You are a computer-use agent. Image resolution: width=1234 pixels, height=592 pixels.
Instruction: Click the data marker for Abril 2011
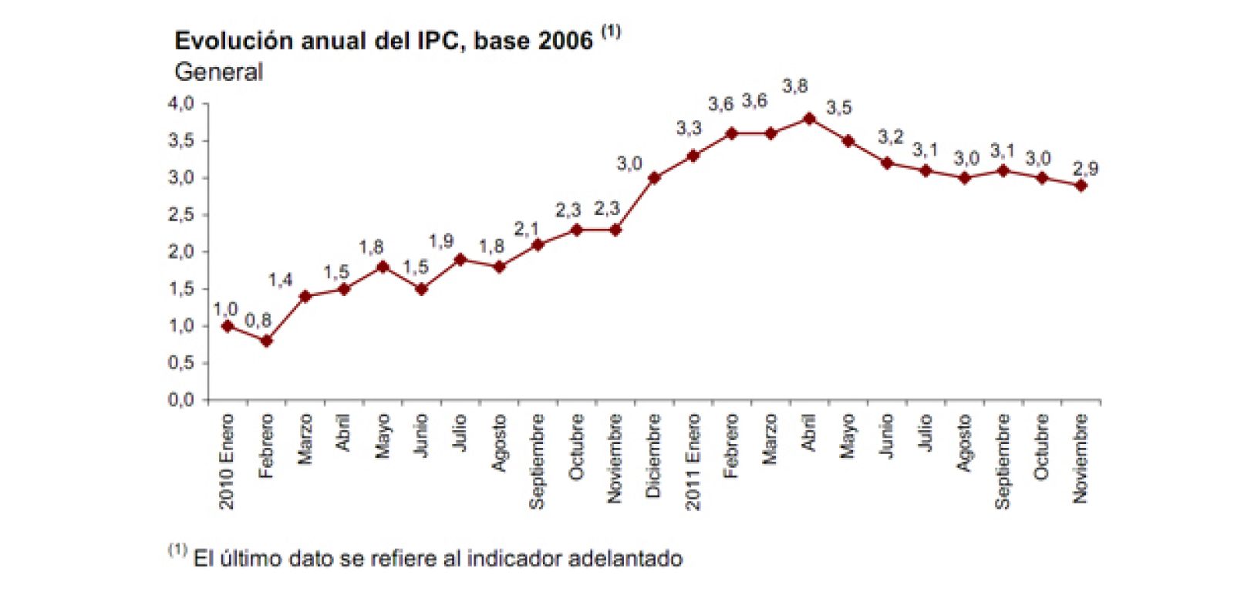pos(809,118)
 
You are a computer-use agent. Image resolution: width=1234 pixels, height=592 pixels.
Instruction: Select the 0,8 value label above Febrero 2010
pos(258,321)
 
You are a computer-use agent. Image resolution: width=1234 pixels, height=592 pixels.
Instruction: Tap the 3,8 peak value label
pos(794,86)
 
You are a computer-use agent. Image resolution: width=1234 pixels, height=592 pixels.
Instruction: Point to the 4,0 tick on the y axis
pos(182,103)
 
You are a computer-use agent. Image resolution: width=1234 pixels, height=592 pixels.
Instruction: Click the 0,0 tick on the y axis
pos(182,400)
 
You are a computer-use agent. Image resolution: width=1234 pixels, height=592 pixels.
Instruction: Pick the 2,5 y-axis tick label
pos(182,215)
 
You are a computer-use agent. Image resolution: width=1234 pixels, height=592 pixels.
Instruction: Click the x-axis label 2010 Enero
pos(227,461)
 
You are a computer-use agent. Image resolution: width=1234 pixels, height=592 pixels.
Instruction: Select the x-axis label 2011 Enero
pos(693,461)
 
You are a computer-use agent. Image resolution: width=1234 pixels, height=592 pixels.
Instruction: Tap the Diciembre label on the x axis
pos(653,455)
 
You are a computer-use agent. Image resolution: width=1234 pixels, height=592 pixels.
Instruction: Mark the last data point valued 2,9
pos(1081,185)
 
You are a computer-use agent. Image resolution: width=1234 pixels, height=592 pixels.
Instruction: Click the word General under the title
pos(218,72)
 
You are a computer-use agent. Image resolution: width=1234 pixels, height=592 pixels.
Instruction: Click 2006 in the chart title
pos(565,40)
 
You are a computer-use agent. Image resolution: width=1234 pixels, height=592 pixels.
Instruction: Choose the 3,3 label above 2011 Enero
pos(689,129)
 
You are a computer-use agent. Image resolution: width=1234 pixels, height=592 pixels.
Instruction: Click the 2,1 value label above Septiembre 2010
pos(527,229)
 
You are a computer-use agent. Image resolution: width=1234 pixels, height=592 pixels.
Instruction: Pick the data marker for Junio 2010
pos(421,289)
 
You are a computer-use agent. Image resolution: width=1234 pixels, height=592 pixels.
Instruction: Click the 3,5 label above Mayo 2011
pos(838,108)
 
